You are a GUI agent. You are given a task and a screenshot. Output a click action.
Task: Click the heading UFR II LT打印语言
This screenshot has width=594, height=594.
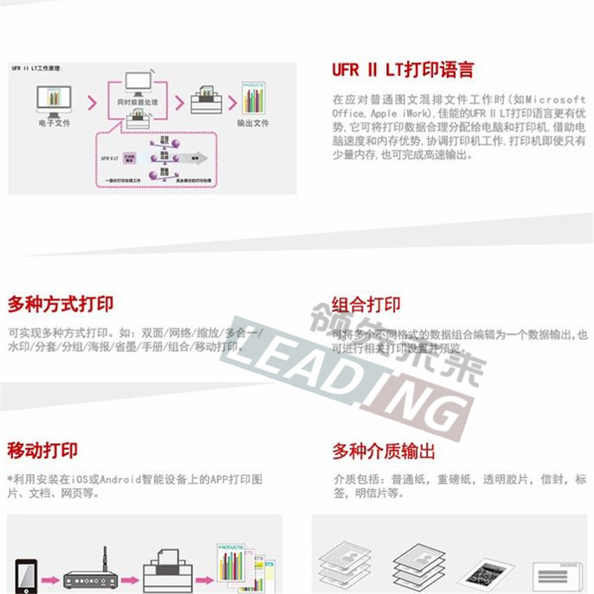(x=402, y=71)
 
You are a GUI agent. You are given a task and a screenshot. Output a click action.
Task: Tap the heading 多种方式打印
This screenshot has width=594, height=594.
(x=60, y=304)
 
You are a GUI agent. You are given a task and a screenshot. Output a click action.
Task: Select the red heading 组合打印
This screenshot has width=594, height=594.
(x=366, y=304)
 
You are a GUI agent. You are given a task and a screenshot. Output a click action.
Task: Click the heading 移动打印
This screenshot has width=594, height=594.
(x=42, y=451)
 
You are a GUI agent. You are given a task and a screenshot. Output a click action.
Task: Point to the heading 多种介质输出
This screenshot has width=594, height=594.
(x=383, y=451)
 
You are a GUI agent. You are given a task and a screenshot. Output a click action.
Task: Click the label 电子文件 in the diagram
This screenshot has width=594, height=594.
(x=53, y=123)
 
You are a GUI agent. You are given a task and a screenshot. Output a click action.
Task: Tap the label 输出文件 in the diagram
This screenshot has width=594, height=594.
(x=252, y=123)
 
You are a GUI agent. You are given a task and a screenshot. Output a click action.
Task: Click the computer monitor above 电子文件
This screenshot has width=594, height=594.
(x=53, y=99)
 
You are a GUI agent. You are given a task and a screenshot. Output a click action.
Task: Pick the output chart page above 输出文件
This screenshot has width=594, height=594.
(x=253, y=99)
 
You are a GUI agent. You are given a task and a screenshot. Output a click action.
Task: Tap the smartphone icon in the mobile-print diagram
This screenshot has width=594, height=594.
(x=26, y=575)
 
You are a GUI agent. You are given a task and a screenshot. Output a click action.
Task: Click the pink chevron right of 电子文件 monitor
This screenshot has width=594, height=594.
(x=91, y=102)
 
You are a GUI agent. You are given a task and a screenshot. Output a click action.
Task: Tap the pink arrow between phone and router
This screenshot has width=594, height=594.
(x=50, y=578)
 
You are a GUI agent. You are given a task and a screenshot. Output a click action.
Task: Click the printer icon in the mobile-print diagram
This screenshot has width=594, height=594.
(x=166, y=572)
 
